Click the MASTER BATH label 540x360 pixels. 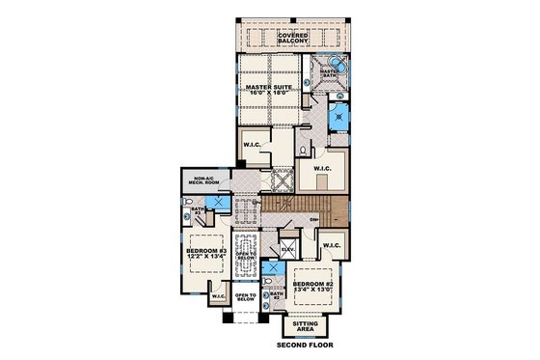(329, 73)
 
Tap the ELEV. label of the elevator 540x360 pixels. (287, 250)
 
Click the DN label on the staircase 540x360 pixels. (314, 220)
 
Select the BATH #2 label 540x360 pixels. (275, 297)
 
